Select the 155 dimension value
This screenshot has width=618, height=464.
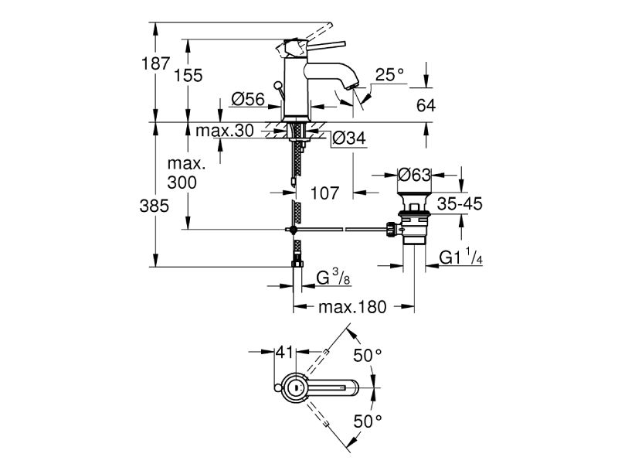click(x=188, y=75)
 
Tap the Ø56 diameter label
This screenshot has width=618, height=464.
click(x=249, y=99)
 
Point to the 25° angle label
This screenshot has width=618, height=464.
click(x=389, y=75)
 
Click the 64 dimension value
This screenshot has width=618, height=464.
click(x=426, y=105)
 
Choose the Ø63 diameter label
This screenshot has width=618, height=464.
click(x=414, y=176)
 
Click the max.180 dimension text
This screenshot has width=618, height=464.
click(x=352, y=307)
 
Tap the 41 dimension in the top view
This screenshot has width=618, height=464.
click(x=285, y=353)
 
